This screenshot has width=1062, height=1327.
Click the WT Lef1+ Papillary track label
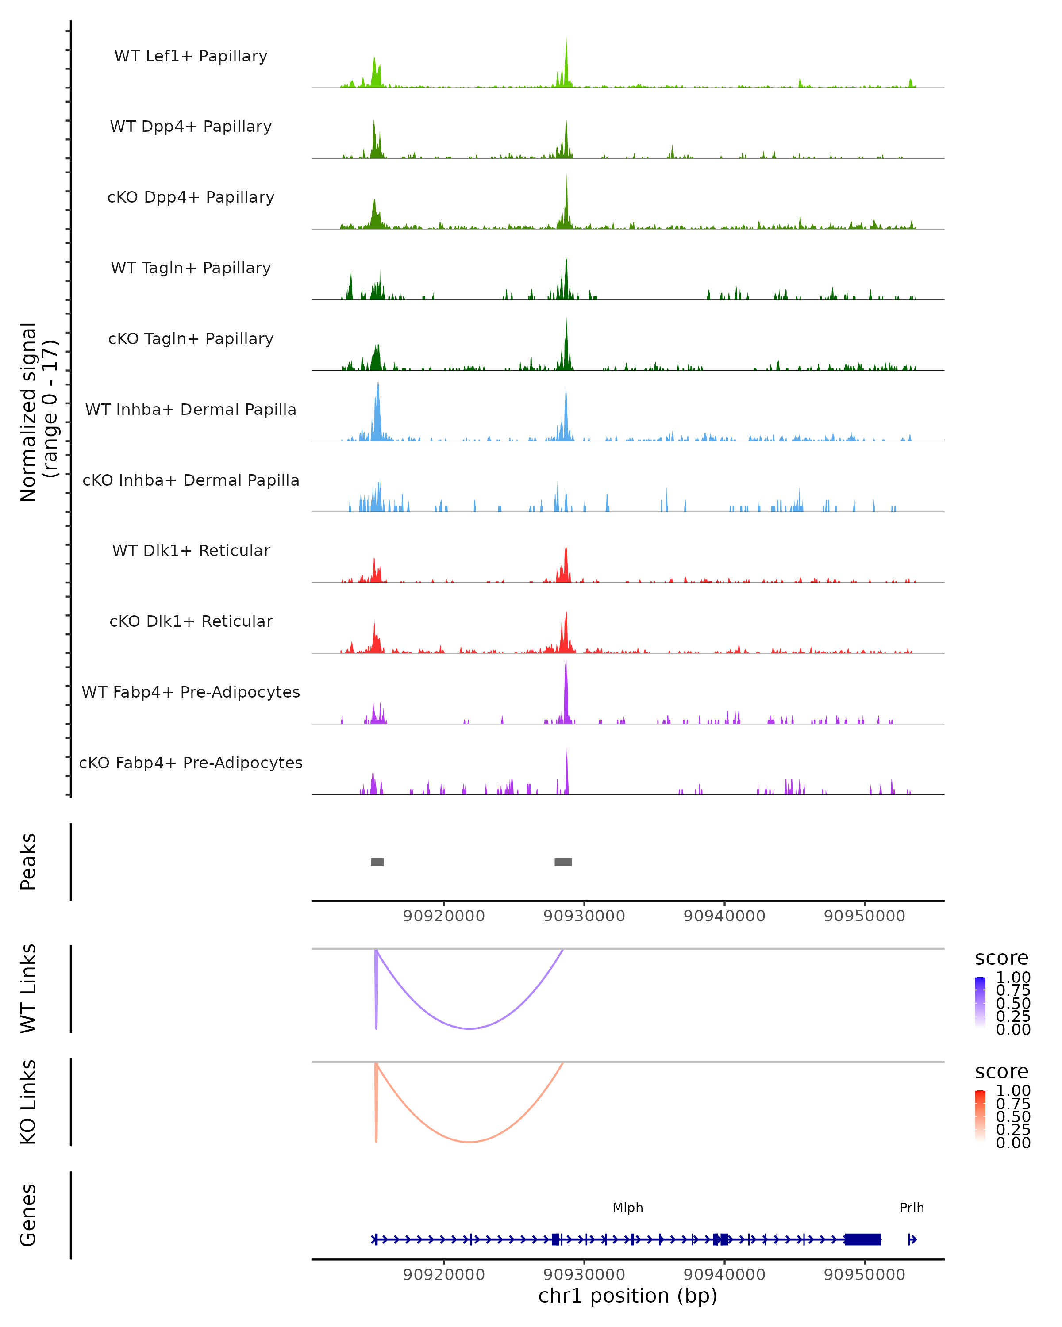[x=191, y=56]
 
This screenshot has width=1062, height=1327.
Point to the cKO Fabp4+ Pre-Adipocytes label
[x=191, y=763]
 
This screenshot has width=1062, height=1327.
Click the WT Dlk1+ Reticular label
[x=191, y=550]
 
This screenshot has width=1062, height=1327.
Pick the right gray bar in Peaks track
[x=563, y=862]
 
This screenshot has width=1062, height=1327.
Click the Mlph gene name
[x=627, y=1208]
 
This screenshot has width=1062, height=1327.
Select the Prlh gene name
[x=911, y=1208]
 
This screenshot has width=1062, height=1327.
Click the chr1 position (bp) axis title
[x=627, y=1296]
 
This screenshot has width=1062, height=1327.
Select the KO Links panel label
[x=28, y=1102]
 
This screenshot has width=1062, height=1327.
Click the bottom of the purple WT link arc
[x=470, y=1028]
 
